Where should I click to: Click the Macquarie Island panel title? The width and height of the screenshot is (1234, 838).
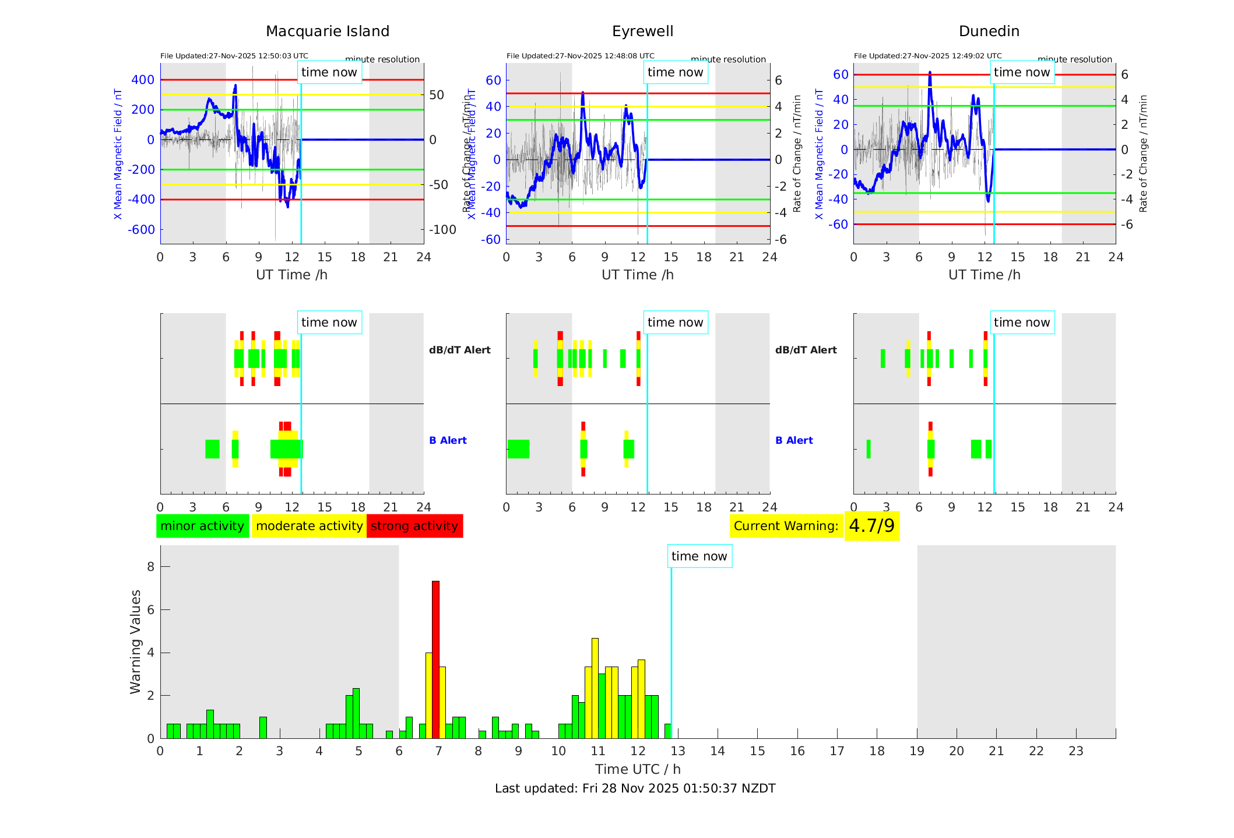coord(328,31)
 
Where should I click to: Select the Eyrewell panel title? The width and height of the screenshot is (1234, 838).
coord(642,31)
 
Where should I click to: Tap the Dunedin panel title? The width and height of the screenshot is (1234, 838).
coord(989,31)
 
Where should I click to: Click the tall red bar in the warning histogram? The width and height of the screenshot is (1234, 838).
coord(435,659)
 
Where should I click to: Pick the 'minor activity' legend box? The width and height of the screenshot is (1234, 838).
coord(202,526)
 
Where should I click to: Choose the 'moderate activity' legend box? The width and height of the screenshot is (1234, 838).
coord(309,526)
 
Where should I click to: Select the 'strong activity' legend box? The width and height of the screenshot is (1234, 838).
coord(414,526)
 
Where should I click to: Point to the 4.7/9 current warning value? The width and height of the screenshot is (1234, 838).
coord(871,526)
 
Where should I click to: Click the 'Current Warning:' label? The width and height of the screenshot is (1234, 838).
coord(786,526)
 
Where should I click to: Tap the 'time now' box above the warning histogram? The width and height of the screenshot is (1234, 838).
coord(699,556)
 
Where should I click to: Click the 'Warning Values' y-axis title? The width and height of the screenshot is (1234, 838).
coord(136,641)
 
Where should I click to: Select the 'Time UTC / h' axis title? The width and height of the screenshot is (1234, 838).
coord(638,769)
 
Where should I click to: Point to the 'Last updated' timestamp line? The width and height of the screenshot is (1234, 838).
coord(635,788)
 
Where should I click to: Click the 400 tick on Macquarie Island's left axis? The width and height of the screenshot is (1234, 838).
coord(143,80)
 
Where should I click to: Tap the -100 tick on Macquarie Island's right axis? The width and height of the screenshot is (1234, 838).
coord(442,230)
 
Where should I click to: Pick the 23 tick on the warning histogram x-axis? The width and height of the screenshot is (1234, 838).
coord(1075,751)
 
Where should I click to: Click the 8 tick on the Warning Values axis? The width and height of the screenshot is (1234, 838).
coord(150,567)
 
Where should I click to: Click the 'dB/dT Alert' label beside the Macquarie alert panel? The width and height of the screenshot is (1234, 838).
coord(459,350)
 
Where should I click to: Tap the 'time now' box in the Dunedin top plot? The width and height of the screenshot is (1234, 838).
coord(1021,72)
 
